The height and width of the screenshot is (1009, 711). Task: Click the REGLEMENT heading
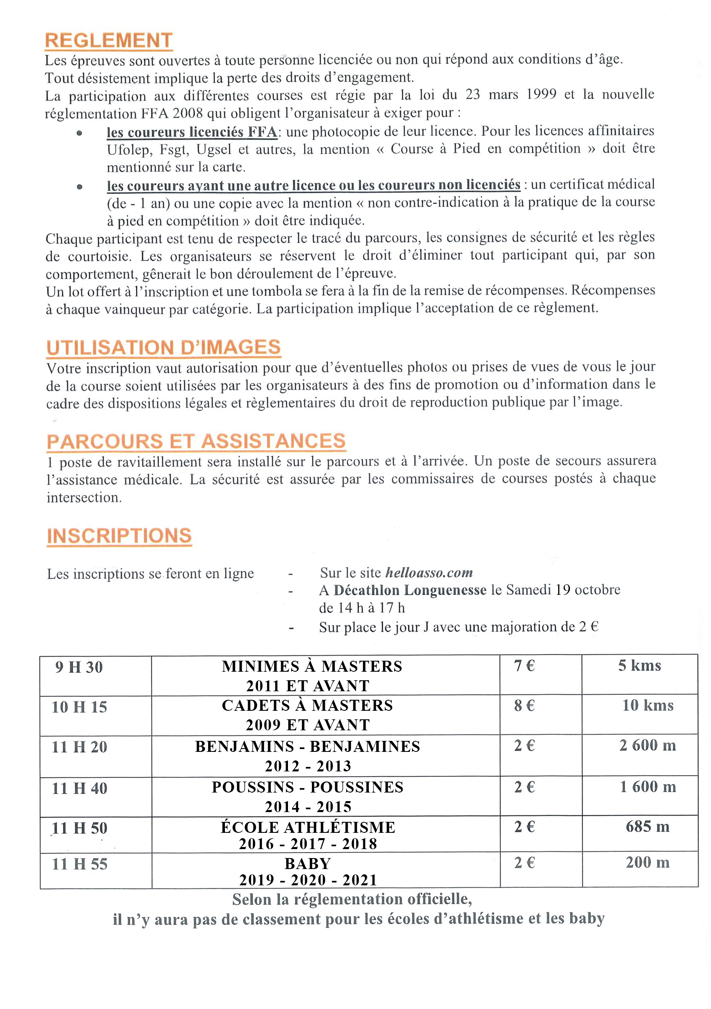click(109, 40)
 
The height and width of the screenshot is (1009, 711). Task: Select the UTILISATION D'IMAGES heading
click(164, 347)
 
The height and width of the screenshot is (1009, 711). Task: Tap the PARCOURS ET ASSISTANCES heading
click(196, 441)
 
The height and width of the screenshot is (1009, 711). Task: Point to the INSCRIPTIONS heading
click(119, 536)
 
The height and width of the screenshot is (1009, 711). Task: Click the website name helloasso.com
click(429, 572)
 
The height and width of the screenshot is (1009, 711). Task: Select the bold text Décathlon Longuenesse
click(410, 590)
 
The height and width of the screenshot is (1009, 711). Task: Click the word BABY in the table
click(308, 863)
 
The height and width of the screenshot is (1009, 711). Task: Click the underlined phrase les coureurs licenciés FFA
click(192, 132)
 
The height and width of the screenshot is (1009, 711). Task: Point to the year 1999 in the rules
click(541, 94)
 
